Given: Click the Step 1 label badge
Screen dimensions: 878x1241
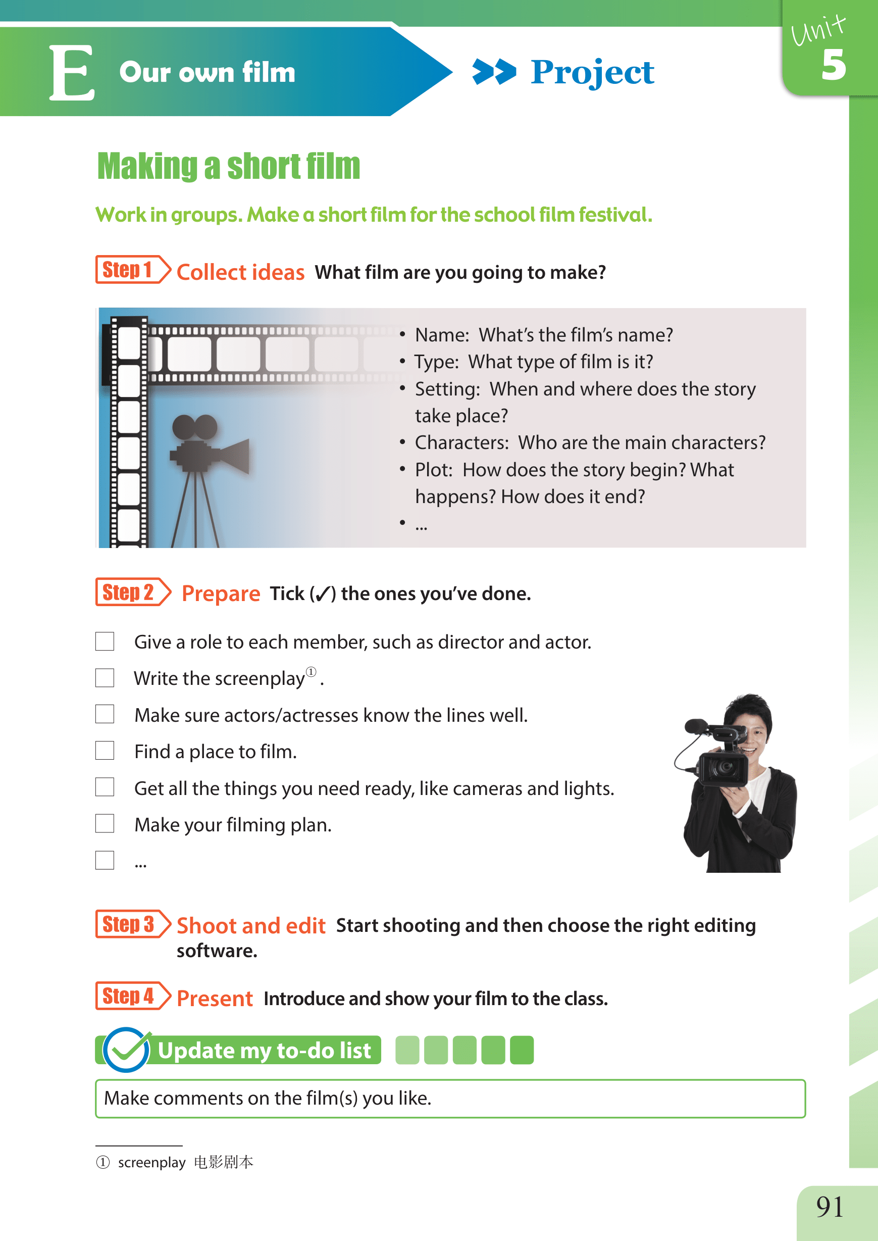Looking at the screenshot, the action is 133,269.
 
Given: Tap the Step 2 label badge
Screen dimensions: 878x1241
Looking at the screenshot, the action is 133,592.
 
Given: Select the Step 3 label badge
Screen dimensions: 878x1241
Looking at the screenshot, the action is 133,924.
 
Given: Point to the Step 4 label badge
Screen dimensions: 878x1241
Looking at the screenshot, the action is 133,996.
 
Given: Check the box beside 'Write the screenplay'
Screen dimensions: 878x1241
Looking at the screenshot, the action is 105,677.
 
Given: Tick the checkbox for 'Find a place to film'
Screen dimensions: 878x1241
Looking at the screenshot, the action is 105,751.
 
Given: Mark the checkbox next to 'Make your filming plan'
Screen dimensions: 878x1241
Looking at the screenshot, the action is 105,824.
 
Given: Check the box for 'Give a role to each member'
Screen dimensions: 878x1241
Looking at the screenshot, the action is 105,641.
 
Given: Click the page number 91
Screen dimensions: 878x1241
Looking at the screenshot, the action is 830,1206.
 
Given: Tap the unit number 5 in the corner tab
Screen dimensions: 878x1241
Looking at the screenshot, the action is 833,65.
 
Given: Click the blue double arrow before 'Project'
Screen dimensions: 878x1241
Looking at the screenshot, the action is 494,72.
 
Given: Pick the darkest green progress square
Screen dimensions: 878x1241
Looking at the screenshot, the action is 522,1050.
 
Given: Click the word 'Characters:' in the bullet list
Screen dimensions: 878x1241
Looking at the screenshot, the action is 461,442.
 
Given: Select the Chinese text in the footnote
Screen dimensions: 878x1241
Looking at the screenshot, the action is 223,1162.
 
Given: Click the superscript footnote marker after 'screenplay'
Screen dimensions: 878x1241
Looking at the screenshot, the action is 311,672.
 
